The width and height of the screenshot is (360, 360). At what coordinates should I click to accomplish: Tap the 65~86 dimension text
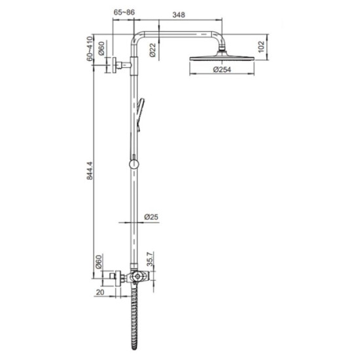coord(125,12)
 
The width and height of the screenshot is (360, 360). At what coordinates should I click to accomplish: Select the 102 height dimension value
coord(261,47)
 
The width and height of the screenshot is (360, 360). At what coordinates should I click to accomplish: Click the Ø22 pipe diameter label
coord(152,50)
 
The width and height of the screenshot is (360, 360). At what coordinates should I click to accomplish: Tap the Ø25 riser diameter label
coord(149,216)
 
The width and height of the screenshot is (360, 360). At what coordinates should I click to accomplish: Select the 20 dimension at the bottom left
coord(99,292)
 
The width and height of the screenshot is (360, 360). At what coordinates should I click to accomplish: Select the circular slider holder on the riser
coord(134,163)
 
